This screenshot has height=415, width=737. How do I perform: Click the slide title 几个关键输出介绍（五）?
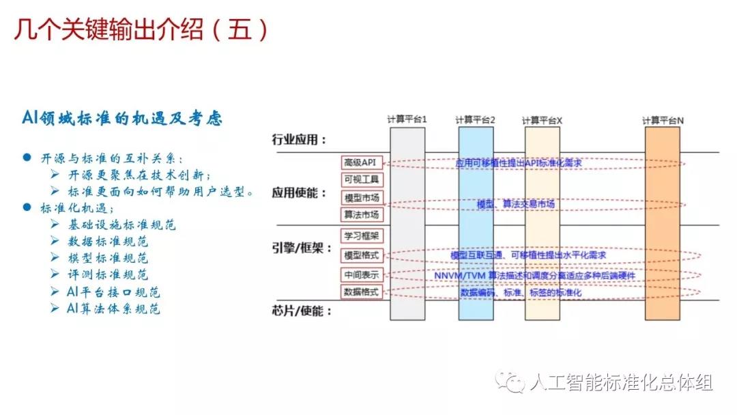click(x=141, y=29)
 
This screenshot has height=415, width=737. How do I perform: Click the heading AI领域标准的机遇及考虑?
click(x=121, y=118)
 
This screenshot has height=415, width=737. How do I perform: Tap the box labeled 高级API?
click(x=362, y=162)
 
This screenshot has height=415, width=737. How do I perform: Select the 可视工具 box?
click(x=362, y=180)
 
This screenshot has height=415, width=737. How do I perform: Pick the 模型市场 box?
click(x=362, y=197)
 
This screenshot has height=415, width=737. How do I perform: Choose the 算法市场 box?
click(x=362, y=214)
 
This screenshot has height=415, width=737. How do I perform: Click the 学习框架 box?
click(x=362, y=237)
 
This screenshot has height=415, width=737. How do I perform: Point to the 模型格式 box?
click(x=362, y=255)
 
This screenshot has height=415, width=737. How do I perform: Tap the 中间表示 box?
click(x=362, y=274)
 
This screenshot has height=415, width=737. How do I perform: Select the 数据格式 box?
click(x=362, y=291)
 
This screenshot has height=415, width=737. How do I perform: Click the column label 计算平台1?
click(x=407, y=119)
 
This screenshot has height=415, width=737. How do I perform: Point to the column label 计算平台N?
click(x=663, y=120)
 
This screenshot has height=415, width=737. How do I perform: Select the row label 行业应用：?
click(x=299, y=141)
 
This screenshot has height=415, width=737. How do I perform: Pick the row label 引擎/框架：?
click(x=299, y=248)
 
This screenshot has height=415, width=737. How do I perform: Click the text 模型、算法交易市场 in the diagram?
click(x=515, y=204)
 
